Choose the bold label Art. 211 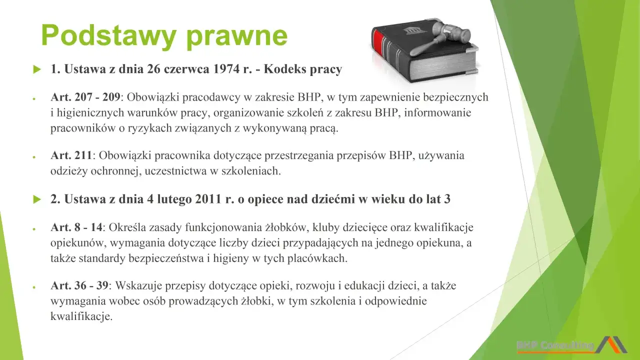pos(71,155)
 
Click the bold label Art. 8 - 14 pos(76,227)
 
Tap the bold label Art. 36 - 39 pos(79,286)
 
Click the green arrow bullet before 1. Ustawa pos(36,70)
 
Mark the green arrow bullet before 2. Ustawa pos(36,199)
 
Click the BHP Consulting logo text pos(555,345)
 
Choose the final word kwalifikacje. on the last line pos(81,316)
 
